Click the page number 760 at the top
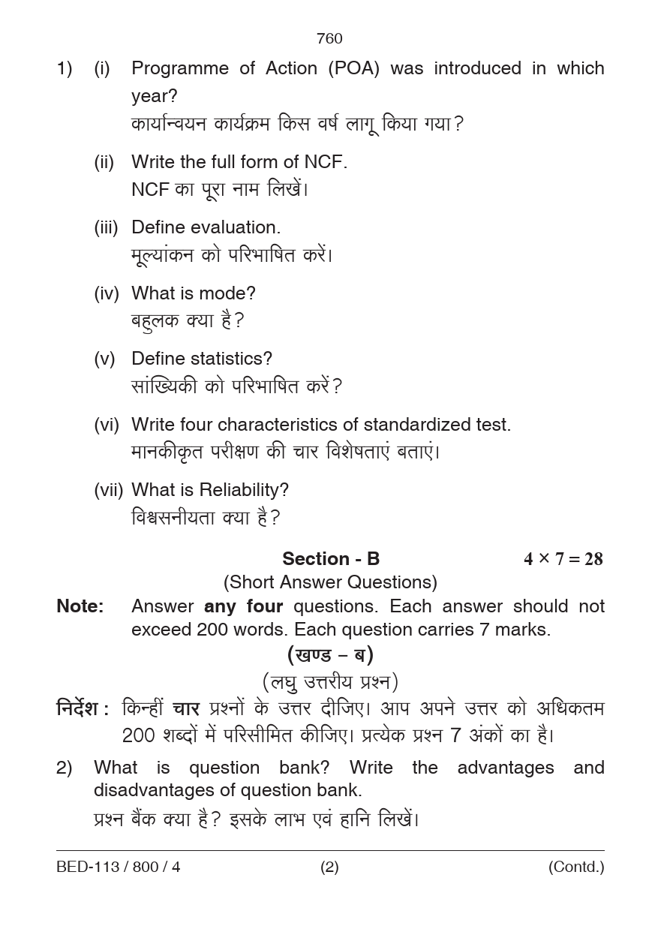329,39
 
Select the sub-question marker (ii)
104,162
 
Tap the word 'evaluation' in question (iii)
236,227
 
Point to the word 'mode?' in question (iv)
232,293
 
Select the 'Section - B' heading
331,559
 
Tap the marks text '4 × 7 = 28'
563,559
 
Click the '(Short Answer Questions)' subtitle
330,582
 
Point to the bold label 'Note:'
80,606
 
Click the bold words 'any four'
243,606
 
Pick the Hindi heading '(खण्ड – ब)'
330,655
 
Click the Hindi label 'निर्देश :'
83,709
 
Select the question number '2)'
65,768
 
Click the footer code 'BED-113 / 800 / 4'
119,867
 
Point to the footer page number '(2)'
329,867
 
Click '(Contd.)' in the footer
575,867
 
